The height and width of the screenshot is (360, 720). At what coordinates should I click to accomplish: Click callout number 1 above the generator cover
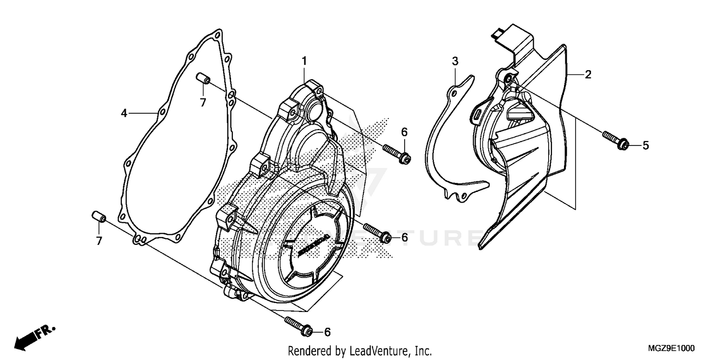point(304,60)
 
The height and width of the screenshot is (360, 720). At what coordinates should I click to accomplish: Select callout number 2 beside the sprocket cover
point(588,74)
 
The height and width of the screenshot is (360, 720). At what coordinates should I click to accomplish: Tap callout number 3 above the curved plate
point(455,61)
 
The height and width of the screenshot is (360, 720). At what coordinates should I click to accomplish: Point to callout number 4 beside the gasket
point(124,113)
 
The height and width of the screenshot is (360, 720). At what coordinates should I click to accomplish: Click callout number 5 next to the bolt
point(646,145)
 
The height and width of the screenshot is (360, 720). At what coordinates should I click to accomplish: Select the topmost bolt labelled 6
point(396,153)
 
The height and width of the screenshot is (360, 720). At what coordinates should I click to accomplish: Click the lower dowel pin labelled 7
point(98,216)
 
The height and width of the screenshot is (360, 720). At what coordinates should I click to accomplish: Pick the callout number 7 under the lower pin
point(99,241)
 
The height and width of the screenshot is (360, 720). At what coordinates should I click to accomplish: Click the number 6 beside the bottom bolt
point(327,332)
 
